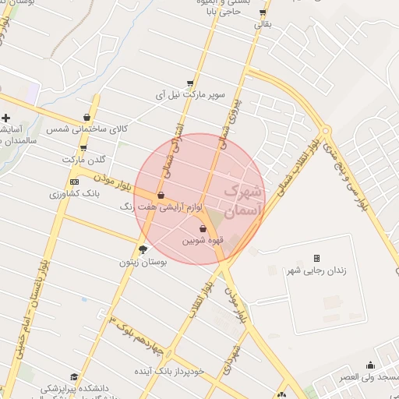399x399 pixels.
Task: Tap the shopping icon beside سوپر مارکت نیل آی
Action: pyautogui.click(x=190, y=83)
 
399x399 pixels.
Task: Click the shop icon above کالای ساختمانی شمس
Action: pyautogui.click(x=87, y=118)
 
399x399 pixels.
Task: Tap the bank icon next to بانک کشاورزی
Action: pyautogui.click(x=74, y=182)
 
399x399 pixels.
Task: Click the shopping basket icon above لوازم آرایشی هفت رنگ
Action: pyautogui.click(x=161, y=196)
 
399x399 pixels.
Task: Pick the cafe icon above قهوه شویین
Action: pyautogui.click(x=203, y=229)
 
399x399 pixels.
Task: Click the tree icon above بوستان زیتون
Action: pyautogui.click(x=143, y=249)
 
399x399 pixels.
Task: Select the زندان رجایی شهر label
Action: pyautogui.click(x=316, y=270)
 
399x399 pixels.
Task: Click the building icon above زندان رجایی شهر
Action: pyautogui.click(x=316, y=258)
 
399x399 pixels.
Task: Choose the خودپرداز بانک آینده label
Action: pyautogui.click(x=174, y=371)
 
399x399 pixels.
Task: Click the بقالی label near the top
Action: pyautogui.click(x=263, y=24)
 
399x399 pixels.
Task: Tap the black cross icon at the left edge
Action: pyautogui.click(x=5, y=118)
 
